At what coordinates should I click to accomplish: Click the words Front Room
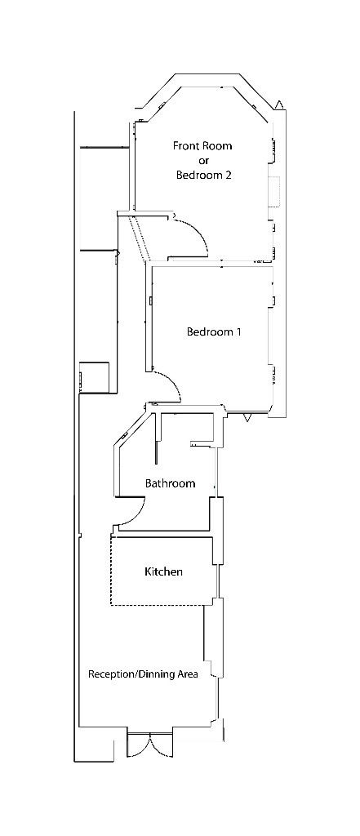point(202,146)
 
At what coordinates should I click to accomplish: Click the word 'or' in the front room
point(203,161)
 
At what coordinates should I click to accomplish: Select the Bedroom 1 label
point(214,332)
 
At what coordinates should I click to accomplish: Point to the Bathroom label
point(170,483)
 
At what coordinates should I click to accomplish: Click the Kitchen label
point(163,572)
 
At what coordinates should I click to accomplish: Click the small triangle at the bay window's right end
point(280,104)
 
